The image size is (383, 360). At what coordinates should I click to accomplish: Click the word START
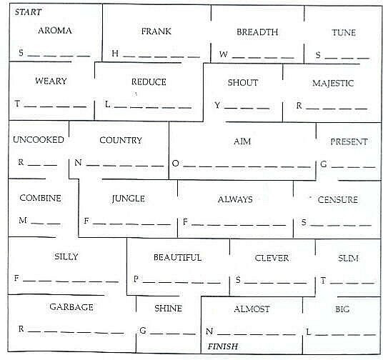tap(28, 12)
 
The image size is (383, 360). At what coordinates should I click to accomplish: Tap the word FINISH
tap(222, 346)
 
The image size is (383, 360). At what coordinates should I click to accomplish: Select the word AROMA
tap(55, 31)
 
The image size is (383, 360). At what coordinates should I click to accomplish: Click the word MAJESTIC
tap(333, 83)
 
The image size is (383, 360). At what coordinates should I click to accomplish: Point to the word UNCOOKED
tap(39, 140)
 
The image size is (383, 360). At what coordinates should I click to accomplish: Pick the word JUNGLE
tap(128, 199)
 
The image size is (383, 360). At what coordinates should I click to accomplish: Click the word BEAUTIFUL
tap(178, 257)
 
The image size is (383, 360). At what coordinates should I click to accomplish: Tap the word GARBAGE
tap(71, 307)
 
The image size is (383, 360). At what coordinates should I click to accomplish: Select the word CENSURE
tap(337, 200)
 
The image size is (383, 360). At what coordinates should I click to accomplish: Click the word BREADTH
tap(257, 32)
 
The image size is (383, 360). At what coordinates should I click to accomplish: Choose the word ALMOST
tap(252, 309)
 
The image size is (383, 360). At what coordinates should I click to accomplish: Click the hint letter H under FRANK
tap(115, 54)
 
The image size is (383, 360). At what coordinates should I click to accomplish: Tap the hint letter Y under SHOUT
tap(217, 105)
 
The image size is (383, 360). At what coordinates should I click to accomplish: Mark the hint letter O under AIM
tap(175, 163)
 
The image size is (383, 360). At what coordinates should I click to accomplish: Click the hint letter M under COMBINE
tap(23, 220)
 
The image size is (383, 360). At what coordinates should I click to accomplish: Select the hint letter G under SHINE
tap(143, 331)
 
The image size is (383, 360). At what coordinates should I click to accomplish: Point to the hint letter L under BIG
tap(308, 332)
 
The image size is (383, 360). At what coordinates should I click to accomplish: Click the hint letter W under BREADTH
tap(223, 54)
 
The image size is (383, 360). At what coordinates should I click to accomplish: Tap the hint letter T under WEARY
tap(17, 104)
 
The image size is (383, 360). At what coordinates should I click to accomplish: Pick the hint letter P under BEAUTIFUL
tap(136, 279)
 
